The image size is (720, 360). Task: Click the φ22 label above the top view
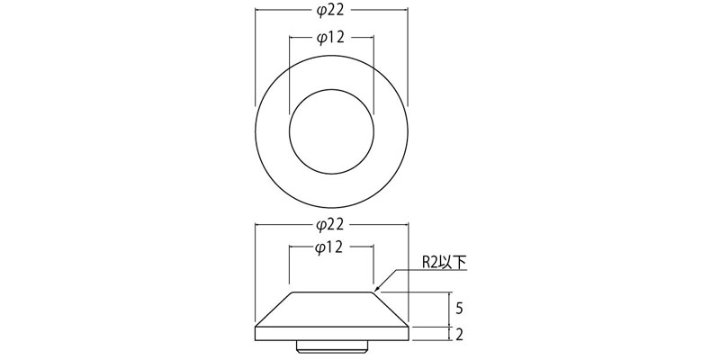tap(331, 11)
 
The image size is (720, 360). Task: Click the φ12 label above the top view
tap(331, 38)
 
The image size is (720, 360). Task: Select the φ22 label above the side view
tap(331, 225)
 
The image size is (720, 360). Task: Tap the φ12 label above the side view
tap(331, 248)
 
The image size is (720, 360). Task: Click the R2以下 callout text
tap(444, 262)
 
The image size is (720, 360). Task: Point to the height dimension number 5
tap(459, 309)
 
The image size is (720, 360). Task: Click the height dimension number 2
tap(459, 335)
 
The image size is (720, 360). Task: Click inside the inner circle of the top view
tap(331, 131)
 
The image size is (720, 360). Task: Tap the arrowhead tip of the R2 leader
tap(374, 291)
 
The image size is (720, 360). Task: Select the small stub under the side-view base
tap(331, 346)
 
